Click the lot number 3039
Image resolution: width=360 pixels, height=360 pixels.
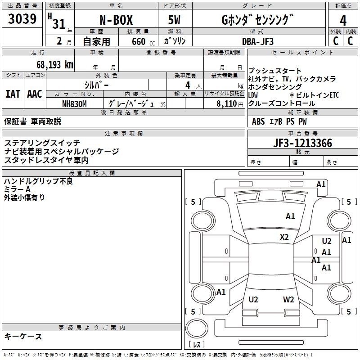(22, 19)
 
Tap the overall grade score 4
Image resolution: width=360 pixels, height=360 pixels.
(343, 20)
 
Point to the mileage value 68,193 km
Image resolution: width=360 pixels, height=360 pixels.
(54, 64)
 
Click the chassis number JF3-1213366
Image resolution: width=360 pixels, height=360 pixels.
(303, 144)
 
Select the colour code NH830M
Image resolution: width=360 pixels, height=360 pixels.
(74, 103)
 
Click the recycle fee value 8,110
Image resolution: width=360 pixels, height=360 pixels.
(227, 103)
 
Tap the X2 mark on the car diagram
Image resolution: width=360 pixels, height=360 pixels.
(284, 237)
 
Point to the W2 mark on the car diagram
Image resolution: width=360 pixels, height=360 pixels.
(288, 299)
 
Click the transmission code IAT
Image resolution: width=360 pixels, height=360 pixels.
(13, 94)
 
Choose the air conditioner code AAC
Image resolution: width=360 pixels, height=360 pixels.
(34, 94)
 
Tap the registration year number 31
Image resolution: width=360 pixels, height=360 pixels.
(58, 24)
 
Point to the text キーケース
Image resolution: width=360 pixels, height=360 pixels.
(23, 337)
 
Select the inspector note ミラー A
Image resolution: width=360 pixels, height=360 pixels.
(17, 189)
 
